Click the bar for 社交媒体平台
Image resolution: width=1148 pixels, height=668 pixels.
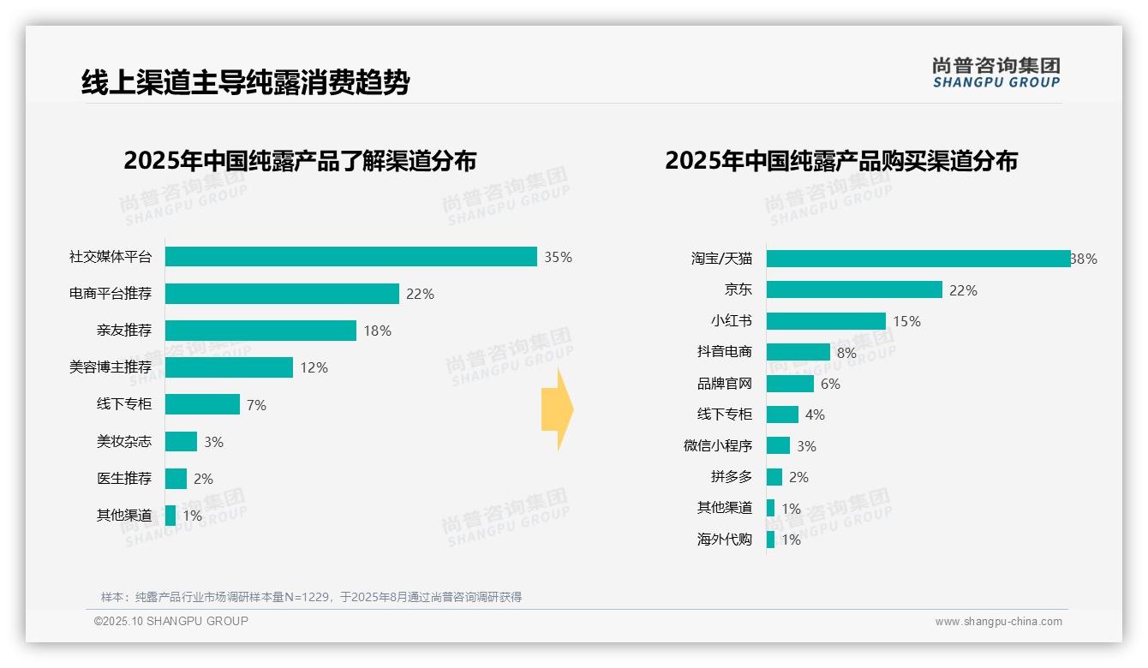[x=350, y=257]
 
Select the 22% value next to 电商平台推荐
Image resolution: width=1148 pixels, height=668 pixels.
[x=420, y=294]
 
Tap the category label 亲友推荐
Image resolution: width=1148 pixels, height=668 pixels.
[x=124, y=331]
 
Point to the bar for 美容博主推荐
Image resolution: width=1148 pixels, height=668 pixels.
[x=229, y=367]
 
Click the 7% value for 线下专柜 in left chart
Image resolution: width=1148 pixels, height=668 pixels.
[x=256, y=405]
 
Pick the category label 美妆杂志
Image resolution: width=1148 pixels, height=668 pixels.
[x=124, y=442]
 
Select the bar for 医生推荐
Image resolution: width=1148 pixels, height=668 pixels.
[x=176, y=479]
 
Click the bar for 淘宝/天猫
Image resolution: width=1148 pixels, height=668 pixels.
[x=918, y=259]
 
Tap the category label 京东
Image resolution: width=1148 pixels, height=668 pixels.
[x=738, y=290]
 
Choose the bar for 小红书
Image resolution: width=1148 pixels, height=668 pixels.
[x=826, y=321]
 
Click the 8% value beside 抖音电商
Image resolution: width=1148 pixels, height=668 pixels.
[x=846, y=353]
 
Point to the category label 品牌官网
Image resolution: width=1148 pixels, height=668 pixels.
[x=725, y=384]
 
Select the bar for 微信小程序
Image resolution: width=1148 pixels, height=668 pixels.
[x=778, y=446]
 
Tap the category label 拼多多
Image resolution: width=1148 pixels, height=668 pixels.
[x=731, y=477]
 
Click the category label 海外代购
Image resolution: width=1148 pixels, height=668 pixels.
[x=725, y=540]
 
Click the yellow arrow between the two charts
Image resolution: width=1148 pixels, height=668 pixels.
[x=557, y=409]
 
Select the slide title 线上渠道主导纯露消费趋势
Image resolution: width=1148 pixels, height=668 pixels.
[x=245, y=82]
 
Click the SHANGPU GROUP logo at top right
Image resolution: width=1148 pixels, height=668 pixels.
[x=996, y=73]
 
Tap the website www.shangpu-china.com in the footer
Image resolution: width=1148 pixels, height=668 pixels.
[x=998, y=622]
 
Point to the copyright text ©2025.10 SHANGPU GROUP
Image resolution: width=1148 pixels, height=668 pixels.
[x=171, y=621]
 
